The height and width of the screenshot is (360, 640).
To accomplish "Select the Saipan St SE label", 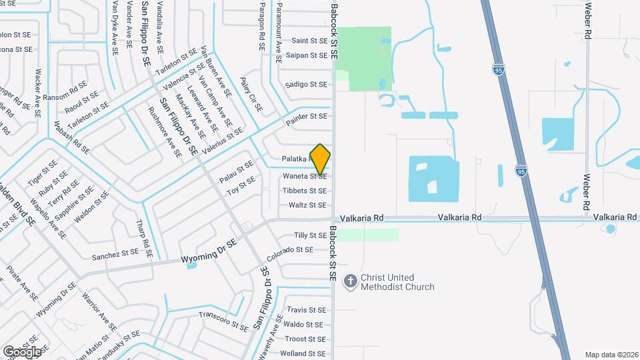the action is coord(306,55).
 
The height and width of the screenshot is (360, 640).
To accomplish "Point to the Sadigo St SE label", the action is coord(306,85).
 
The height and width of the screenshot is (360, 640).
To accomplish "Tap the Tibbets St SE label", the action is coord(305,191).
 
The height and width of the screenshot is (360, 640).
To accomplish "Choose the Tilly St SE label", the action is coord(310,235).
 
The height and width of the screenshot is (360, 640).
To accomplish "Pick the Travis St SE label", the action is coord(306,310).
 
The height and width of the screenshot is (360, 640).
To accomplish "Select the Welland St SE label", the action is coord(303,353).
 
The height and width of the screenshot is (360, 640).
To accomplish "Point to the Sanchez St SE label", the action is coord(115,254).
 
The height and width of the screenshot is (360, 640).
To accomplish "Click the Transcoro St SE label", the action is coord(223,320).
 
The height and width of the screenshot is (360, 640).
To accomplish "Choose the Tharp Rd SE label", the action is coord(145,239).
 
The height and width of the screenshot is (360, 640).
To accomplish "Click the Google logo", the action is coord(22,351).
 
